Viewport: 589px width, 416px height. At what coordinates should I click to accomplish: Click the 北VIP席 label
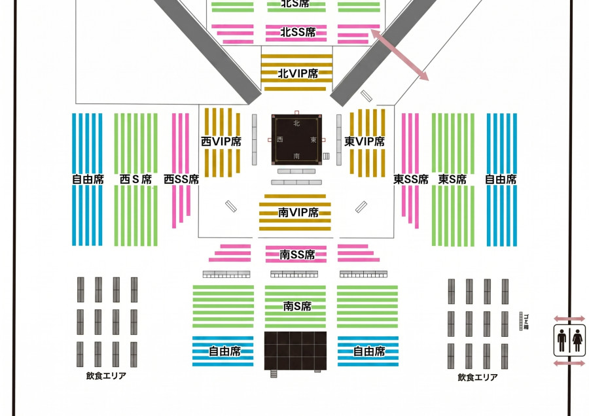298,74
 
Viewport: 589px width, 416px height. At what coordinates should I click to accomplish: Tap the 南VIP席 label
298,213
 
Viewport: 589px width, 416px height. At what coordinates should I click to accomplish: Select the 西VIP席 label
221,141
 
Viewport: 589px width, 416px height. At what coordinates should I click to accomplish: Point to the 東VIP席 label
365,141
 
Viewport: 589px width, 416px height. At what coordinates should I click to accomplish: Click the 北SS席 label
298,31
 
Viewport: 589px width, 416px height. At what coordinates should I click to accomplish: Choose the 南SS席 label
297,254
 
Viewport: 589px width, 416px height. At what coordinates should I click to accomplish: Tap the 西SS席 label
181,179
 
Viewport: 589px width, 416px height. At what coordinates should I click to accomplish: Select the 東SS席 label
411,179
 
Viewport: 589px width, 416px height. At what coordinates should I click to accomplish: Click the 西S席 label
136,179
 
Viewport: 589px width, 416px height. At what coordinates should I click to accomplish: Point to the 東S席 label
452,179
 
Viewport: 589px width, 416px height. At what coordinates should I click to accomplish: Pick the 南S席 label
297,305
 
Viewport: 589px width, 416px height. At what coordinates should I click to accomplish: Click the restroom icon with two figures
569,341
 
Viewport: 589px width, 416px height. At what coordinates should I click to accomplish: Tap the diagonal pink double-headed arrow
399,54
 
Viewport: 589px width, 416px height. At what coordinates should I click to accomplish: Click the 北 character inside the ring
296,124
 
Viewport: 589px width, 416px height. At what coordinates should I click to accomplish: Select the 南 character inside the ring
296,156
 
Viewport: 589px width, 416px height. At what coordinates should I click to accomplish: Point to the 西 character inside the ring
280,140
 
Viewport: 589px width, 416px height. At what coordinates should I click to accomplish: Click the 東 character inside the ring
314,140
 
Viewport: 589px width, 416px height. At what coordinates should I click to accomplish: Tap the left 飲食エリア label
106,376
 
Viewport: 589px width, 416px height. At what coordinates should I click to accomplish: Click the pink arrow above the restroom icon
569,319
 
